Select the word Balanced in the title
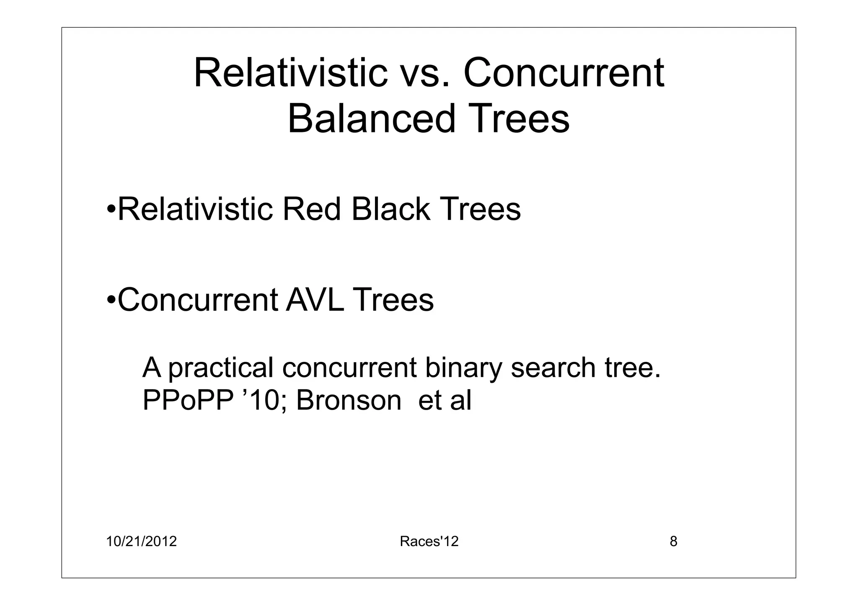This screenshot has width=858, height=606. (371, 119)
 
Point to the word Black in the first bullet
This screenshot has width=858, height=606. (390, 209)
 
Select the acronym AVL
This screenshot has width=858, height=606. (315, 300)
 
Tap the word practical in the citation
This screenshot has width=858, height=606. (221, 368)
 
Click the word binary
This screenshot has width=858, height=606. (463, 368)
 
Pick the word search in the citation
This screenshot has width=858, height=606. (553, 368)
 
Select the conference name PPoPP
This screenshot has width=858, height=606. (188, 400)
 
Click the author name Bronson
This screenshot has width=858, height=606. (349, 400)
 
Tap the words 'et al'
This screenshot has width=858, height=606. (445, 400)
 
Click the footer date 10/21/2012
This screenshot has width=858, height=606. (141, 542)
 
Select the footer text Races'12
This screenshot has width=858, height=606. (429, 542)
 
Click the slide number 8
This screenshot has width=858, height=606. (673, 542)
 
